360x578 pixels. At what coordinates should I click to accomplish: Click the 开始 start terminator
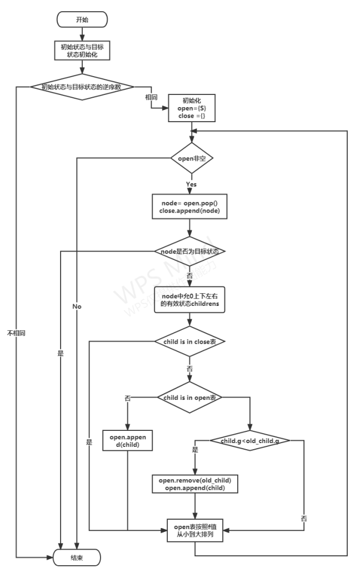pyautogui.click(x=82, y=19)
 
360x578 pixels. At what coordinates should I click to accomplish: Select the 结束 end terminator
pyautogui.click(x=77, y=557)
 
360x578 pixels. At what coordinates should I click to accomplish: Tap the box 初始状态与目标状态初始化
pyautogui.click(x=82, y=50)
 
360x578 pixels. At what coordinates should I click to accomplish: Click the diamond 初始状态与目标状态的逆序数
pyautogui.click(x=82, y=87)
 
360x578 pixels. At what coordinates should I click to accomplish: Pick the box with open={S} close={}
pyautogui.click(x=191, y=108)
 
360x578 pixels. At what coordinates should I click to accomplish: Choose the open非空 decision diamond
pyautogui.click(x=192, y=158)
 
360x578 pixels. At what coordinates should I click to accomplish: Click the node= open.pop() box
pyautogui.click(x=189, y=207)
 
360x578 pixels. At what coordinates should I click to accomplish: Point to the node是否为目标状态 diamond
pyautogui.click(x=189, y=251)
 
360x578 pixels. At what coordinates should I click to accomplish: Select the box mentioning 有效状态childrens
pyautogui.click(x=189, y=300)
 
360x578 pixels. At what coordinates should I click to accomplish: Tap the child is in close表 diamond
pyautogui.click(x=189, y=341)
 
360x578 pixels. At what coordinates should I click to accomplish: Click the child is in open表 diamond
pyautogui.click(x=189, y=397)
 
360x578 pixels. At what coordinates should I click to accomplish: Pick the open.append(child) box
pyautogui.click(x=127, y=441)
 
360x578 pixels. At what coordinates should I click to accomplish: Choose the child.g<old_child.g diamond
pyautogui.click(x=250, y=441)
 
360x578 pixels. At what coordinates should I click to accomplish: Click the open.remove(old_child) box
pyautogui.click(x=194, y=484)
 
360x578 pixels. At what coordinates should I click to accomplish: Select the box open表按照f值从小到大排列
pyautogui.click(x=194, y=531)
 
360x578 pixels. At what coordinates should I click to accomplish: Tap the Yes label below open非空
pyautogui.click(x=191, y=184)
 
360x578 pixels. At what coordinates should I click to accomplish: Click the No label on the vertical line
pyautogui.click(x=77, y=306)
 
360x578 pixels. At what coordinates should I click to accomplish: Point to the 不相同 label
pyautogui.click(x=16, y=333)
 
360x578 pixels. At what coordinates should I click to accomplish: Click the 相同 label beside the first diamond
pyautogui.click(x=151, y=97)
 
